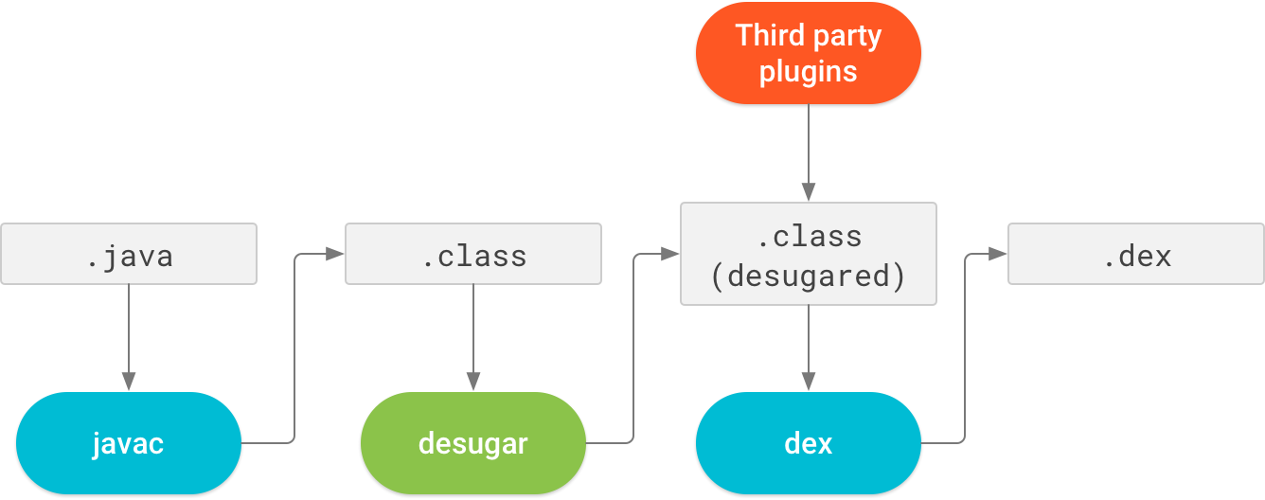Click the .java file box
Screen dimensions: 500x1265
point(129,254)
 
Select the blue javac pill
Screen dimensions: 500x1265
point(129,443)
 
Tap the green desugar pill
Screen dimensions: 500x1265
point(473,443)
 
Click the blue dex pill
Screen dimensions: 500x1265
point(809,443)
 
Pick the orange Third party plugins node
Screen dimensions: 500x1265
point(809,53)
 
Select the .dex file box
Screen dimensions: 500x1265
point(1136,254)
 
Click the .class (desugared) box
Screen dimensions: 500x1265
point(809,254)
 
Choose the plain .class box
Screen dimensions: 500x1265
point(473,254)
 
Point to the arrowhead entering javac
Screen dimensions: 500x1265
point(129,382)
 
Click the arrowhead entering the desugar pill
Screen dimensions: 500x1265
point(473,382)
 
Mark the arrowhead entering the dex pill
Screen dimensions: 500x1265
point(809,382)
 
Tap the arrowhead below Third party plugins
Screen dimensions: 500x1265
point(809,191)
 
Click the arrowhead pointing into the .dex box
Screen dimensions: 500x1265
point(998,254)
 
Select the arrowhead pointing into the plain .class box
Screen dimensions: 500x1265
point(335,254)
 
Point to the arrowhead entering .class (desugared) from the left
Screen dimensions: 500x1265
point(670,254)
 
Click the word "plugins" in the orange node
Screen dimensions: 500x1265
point(809,72)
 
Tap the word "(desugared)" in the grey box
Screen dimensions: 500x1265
point(809,276)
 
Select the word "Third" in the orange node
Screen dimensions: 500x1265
point(766,36)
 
